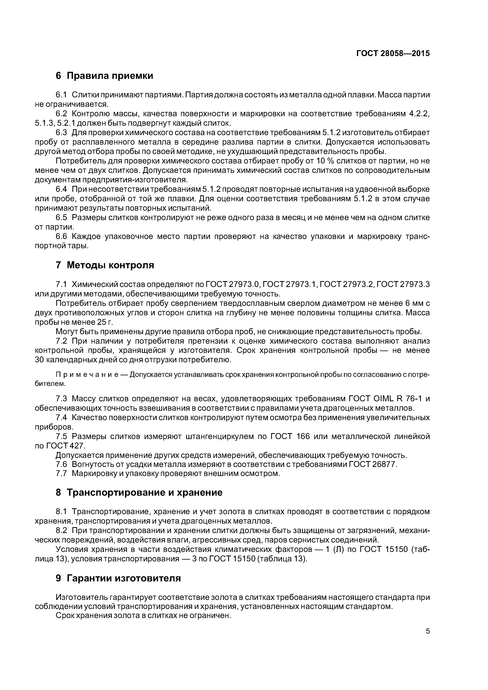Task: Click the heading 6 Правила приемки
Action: point(104,76)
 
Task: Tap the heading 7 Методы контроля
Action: point(105,265)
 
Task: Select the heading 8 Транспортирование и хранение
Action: point(139,492)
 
